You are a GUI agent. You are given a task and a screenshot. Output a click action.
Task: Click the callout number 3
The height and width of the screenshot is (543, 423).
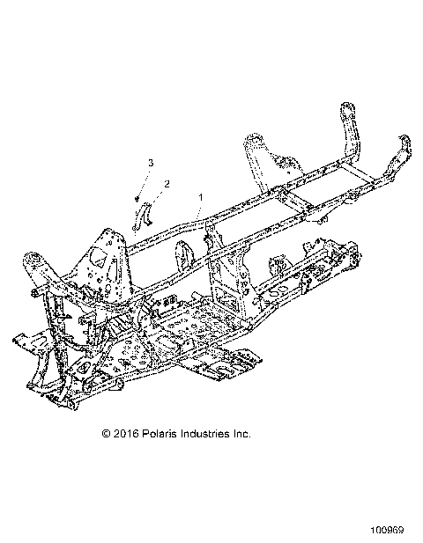151,164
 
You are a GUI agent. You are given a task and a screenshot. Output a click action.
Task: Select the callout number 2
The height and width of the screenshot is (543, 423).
167,184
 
